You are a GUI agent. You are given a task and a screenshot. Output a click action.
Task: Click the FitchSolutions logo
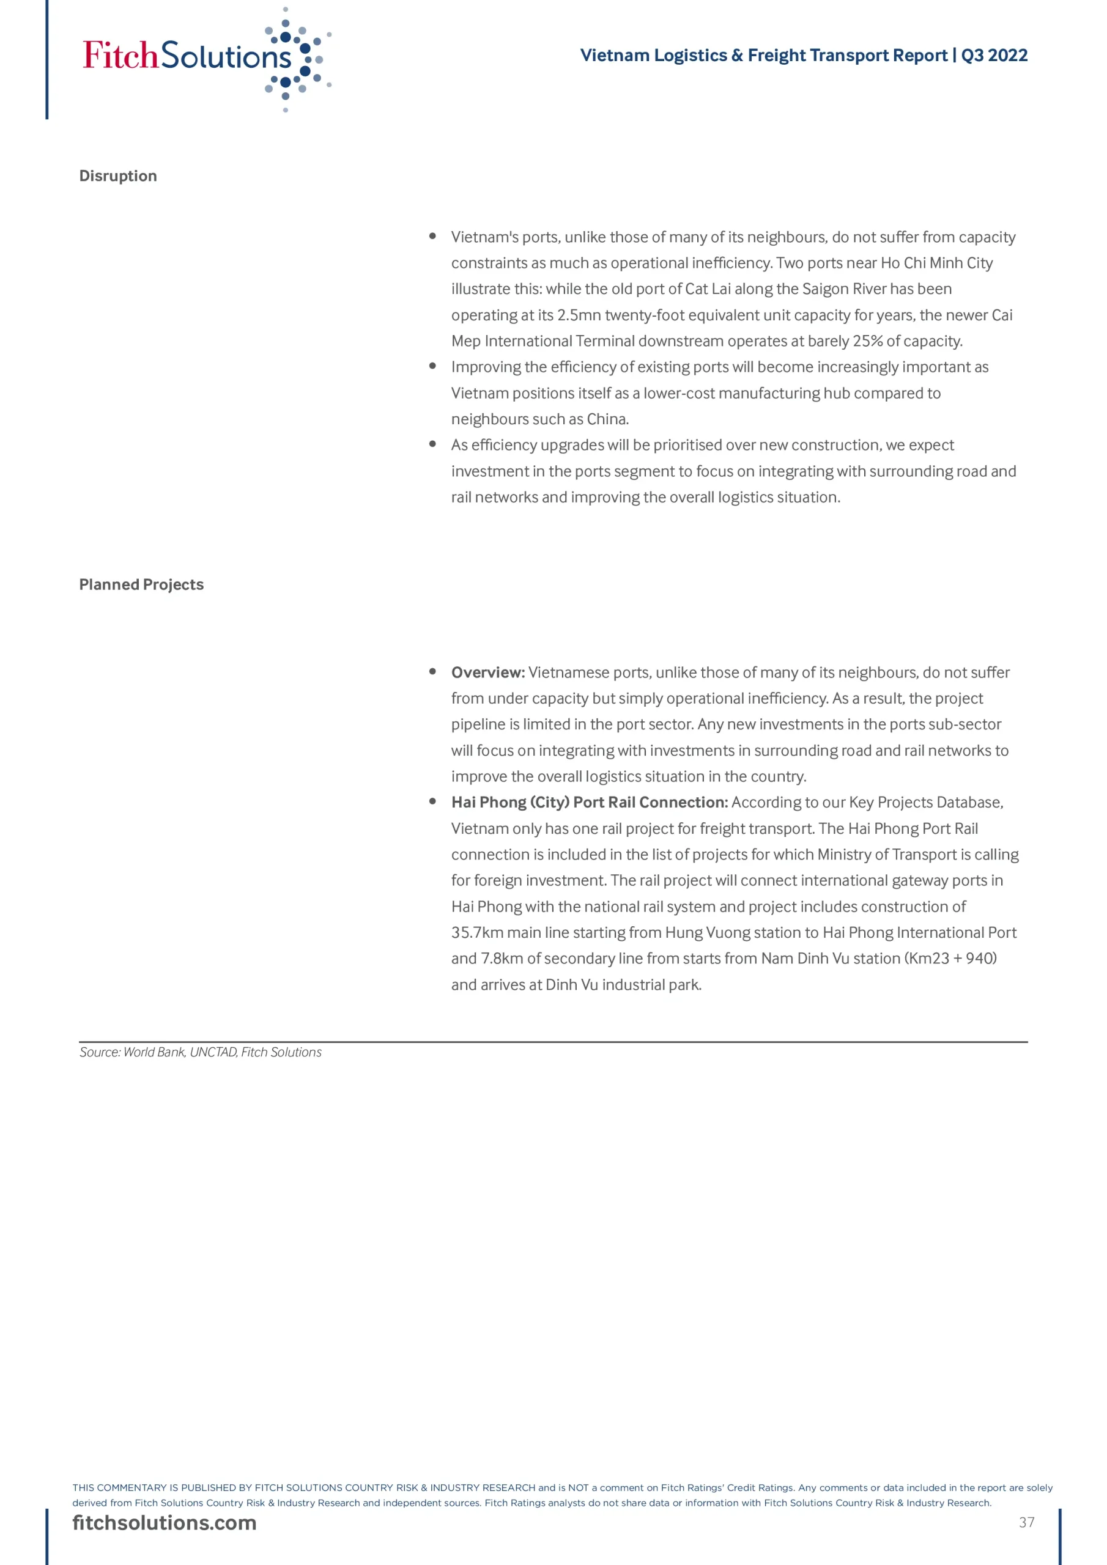[205, 58]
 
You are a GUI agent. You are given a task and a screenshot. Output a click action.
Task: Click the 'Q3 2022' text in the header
[994, 55]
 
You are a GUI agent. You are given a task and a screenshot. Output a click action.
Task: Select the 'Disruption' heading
[118, 176]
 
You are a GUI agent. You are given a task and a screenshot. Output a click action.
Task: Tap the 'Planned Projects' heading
[141, 584]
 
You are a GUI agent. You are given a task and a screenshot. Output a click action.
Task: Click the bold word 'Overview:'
[487, 672]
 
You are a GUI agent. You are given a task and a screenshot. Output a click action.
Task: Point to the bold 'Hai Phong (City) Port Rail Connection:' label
[590, 802]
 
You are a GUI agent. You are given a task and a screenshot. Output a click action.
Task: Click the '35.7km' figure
[477, 932]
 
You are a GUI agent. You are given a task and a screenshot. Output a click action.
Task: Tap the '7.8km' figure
[502, 959]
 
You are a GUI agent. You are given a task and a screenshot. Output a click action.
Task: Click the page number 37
[1026, 1522]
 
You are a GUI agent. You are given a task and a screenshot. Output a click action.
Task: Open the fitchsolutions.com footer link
[165, 1522]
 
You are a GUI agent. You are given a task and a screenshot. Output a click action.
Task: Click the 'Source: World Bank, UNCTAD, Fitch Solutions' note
[201, 1051]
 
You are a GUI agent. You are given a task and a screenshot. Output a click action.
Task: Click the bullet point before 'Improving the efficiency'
[432, 366]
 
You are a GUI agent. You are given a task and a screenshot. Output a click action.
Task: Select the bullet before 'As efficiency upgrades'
[432, 444]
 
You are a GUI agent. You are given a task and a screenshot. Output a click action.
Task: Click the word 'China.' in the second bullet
[608, 419]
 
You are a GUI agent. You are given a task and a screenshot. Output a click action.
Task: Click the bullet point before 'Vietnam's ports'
[432, 236]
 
